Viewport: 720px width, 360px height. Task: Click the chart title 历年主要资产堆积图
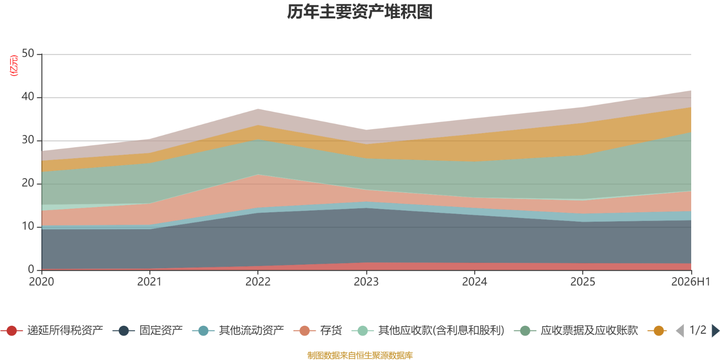360,12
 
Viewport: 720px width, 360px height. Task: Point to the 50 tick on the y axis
28,54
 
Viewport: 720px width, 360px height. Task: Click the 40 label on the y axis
28,96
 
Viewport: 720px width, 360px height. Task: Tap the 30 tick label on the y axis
28,140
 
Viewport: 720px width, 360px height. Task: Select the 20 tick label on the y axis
28,183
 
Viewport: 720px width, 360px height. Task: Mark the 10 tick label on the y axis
28,226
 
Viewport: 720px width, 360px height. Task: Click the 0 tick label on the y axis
31,270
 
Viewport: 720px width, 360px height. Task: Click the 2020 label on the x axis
41,282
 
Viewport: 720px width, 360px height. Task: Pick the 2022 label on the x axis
258,282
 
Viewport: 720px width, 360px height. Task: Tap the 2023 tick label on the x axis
366,282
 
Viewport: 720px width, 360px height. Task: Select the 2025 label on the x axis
583,282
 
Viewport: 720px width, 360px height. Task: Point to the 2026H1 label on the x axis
690,282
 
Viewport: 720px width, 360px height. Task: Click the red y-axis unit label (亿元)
14,66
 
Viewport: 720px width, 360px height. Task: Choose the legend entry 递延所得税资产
52,330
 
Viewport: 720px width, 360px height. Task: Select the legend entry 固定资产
148,330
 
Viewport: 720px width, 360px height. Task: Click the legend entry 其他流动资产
238,330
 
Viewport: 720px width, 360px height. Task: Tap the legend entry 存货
318,330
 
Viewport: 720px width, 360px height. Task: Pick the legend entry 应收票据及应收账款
576,330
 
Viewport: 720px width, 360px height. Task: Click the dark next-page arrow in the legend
715,330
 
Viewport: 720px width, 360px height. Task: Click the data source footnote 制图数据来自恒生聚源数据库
360,355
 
